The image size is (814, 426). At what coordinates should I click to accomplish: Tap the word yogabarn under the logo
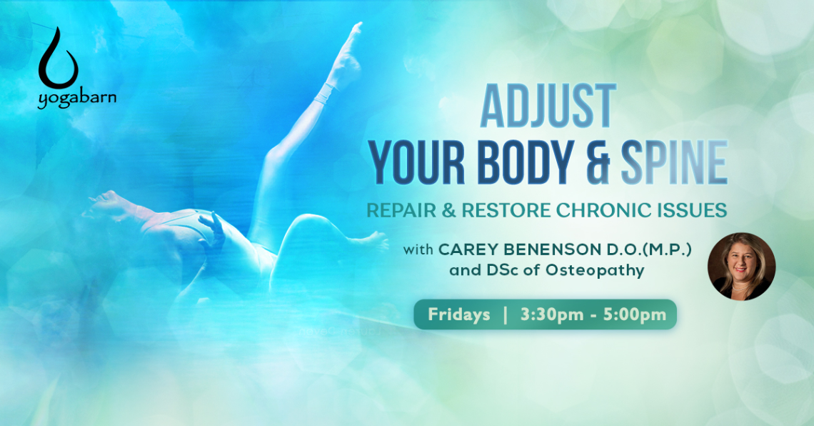[77, 99]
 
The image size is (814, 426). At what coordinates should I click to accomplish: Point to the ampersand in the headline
[598, 162]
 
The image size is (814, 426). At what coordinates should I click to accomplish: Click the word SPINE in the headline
[674, 162]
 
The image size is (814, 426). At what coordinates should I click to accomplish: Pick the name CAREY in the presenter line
[468, 249]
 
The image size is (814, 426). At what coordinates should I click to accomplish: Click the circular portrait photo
[741, 267]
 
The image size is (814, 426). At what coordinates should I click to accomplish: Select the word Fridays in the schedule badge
[459, 314]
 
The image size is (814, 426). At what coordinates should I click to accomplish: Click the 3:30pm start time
[552, 314]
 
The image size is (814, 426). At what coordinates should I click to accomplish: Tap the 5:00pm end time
[634, 314]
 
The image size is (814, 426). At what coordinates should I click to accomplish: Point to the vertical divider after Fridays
[506, 314]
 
